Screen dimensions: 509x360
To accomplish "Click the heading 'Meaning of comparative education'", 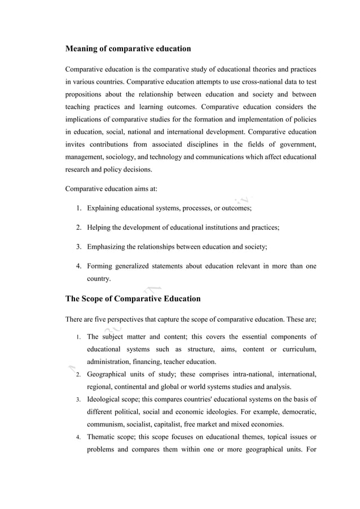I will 128,49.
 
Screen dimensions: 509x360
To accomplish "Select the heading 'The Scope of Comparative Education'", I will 133,299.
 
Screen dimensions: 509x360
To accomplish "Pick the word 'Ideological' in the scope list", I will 104,400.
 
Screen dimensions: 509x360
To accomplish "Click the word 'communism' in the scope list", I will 109,424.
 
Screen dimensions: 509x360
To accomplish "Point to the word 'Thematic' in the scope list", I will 102,437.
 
